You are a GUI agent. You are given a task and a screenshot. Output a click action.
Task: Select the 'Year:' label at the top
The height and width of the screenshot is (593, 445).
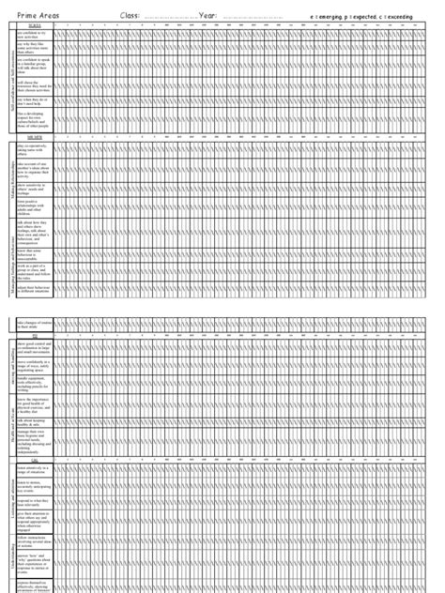pyautogui.click(x=213, y=16)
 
